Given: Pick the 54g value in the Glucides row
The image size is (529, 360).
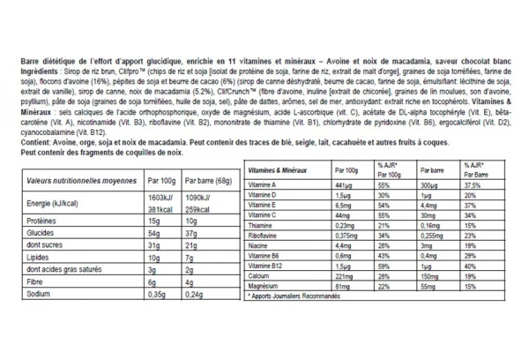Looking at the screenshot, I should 154,232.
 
